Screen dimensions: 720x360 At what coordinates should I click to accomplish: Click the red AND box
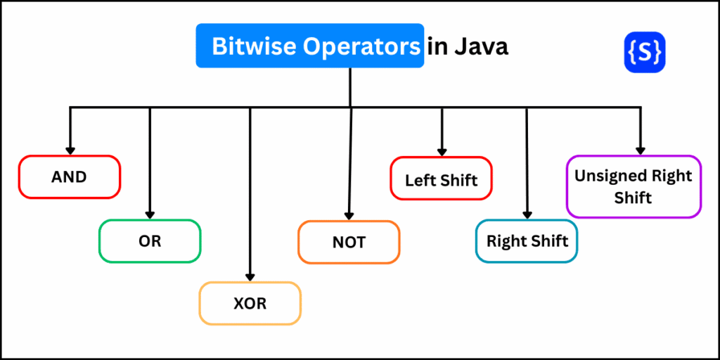click(70, 176)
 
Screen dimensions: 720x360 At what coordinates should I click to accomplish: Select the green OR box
click(150, 241)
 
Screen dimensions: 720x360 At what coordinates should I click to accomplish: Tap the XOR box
click(250, 303)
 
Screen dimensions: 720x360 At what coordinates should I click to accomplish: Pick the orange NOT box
click(349, 243)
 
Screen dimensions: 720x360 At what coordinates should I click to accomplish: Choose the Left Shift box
click(442, 178)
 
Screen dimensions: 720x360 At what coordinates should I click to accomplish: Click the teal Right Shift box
click(527, 241)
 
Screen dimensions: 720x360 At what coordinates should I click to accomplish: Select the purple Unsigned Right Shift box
click(634, 186)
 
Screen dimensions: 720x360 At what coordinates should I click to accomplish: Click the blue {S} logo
click(645, 52)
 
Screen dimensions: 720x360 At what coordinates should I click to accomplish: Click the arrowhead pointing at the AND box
click(70, 150)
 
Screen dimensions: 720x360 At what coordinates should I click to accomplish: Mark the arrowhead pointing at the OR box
click(150, 215)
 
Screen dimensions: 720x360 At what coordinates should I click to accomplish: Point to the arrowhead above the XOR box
click(250, 277)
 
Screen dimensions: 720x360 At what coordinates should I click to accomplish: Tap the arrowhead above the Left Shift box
click(442, 152)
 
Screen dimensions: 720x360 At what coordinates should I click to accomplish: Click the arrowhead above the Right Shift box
click(527, 215)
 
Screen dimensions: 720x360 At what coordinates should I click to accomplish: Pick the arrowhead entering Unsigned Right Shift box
click(640, 150)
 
